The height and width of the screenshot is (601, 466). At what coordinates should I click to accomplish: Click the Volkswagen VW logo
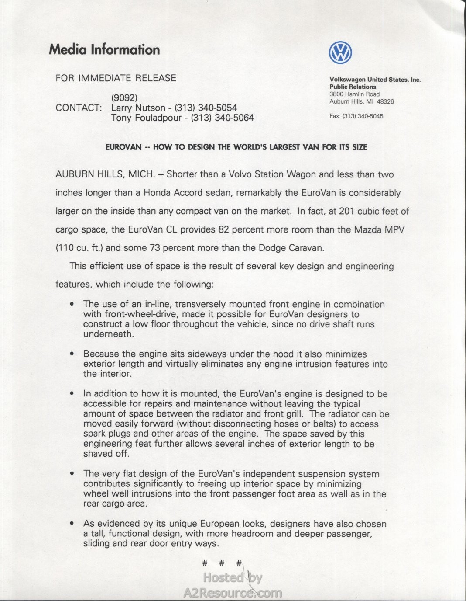340,53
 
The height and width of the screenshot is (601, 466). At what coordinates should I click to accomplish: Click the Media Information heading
104,49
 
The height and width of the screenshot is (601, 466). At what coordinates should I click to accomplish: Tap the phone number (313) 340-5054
206,108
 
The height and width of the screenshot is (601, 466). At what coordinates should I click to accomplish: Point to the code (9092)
124,97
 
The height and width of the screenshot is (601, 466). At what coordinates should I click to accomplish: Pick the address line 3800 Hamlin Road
354,94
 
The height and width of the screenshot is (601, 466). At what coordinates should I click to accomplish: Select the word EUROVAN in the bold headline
123,147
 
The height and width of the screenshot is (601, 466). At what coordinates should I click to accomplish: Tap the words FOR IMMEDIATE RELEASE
116,78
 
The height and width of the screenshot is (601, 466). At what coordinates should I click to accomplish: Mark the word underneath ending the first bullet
108,334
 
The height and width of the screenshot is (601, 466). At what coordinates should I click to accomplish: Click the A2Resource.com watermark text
233,593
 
